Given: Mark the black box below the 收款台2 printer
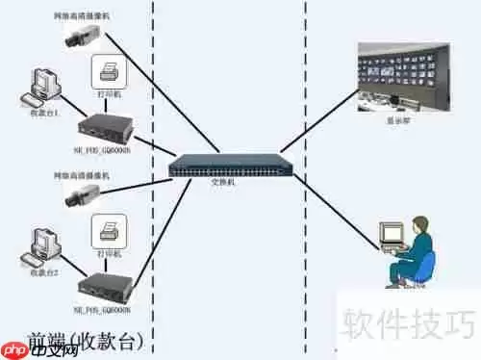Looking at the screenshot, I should pos(105,285).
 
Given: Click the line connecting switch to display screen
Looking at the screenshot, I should pos(322,123).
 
